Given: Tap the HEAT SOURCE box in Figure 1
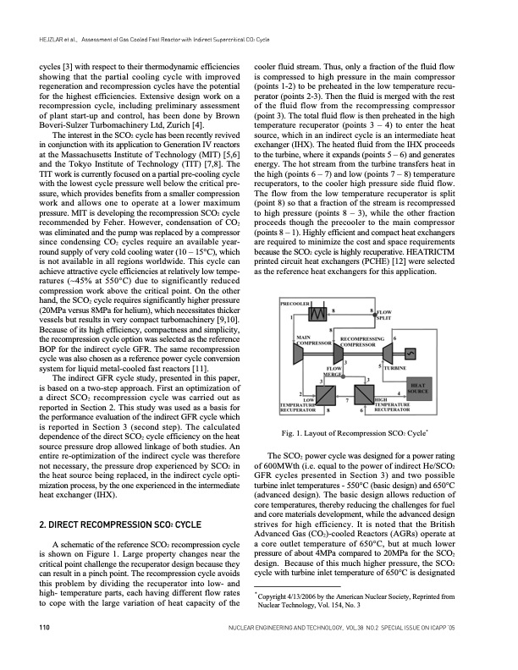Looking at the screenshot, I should (x=419, y=388).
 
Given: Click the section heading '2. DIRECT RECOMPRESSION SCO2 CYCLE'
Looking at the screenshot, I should (x=119, y=524).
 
